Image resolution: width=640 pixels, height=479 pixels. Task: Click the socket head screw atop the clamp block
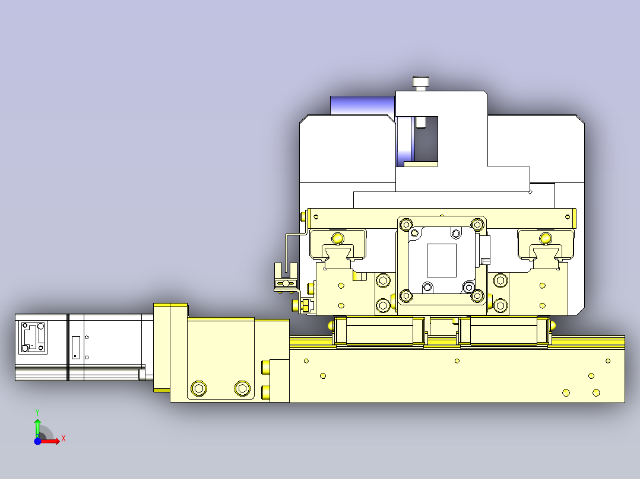[x=421, y=82]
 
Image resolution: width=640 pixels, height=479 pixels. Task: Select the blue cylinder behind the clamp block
[x=362, y=105]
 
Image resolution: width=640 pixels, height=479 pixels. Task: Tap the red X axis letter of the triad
[x=63, y=439]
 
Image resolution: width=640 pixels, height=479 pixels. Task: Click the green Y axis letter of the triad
[x=37, y=411]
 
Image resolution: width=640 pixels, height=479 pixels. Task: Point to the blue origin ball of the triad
[x=37, y=441]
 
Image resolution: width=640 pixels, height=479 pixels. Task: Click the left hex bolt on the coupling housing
[x=199, y=389]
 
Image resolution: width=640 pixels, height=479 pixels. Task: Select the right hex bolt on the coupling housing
[x=242, y=388]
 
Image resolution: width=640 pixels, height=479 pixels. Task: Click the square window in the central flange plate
[x=442, y=260]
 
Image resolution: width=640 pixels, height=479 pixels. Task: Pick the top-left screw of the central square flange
[x=406, y=224]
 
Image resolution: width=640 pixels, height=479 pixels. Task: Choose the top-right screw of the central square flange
[x=476, y=224]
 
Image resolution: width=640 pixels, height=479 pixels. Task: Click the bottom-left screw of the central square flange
[x=406, y=295]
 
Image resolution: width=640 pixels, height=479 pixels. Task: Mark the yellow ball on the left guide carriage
[x=338, y=238]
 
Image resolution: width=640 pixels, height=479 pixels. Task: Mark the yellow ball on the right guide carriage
[x=544, y=238]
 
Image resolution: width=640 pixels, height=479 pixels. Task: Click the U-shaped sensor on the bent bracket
[x=286, y=277]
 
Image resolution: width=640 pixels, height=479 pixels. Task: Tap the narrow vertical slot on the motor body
[x=75, y=347]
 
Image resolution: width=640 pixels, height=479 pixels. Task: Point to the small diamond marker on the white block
[x=530, y=191]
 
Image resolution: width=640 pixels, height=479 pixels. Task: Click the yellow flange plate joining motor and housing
[x=162, y=347]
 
